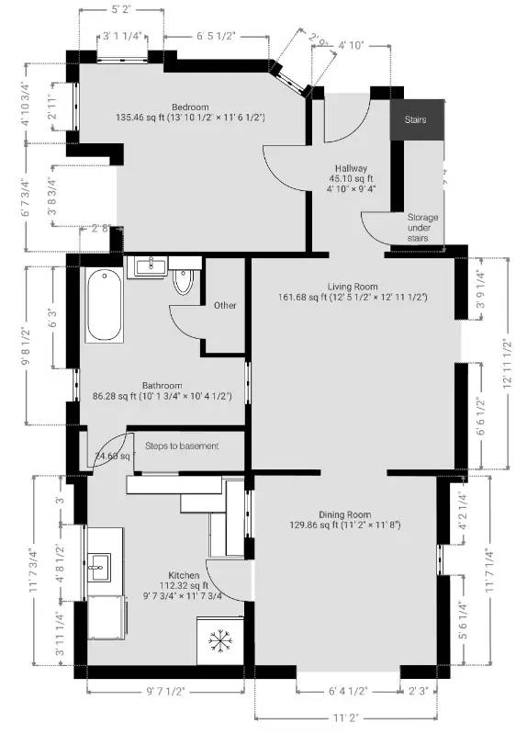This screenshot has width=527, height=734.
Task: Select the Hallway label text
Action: (x=351, y=169)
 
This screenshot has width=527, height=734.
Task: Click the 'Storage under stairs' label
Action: (x=423, y=228)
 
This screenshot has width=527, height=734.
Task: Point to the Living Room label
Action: (x=353, y=286)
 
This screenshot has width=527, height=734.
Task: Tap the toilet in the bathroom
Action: (x=185, y=281)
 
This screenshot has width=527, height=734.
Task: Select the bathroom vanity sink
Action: (x=148, y=266)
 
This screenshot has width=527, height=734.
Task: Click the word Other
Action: (x=225, y=305)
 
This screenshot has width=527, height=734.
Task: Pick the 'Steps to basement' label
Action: (x=182, y=446)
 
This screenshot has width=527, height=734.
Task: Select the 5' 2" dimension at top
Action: (x=121, y=10)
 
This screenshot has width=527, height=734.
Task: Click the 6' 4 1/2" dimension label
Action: (x=347, y=692)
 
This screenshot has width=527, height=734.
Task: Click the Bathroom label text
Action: (x=162, y=385)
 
